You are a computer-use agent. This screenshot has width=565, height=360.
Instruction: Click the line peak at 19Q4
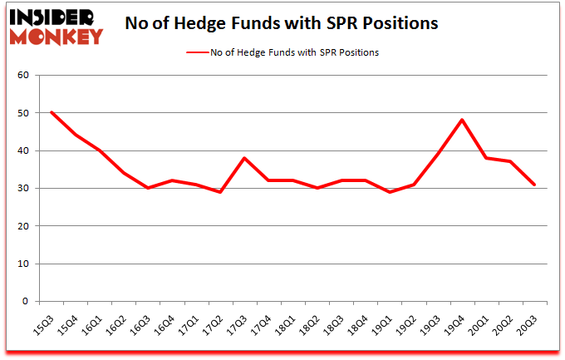coord(461,120)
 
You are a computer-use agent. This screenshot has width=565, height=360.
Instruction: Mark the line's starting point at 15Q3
coord(52,112)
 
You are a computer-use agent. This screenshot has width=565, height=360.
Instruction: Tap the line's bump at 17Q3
coord(244,158)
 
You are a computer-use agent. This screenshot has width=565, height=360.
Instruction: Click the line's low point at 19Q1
coord(389,192)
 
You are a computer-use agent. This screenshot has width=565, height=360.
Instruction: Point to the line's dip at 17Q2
coord(220,192)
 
